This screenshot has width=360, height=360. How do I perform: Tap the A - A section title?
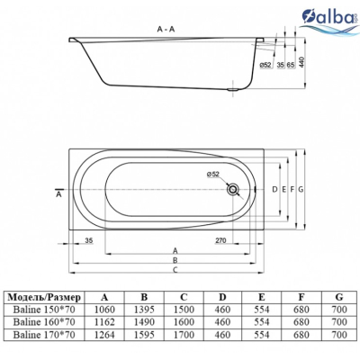click(x=166, y=29)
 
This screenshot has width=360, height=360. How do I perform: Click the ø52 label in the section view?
click(x=265, y=65)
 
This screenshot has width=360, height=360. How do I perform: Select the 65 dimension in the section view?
click(x=290, y=65)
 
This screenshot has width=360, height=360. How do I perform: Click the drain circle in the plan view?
click(x=232, y=189)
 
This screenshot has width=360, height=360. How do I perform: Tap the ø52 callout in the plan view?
click(x=213, y=174)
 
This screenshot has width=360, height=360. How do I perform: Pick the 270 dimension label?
click(x=220, y=240)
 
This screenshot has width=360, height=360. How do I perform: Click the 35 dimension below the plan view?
click(x=88, y=240)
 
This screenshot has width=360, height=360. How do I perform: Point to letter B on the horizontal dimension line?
click(x=175, y=260)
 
